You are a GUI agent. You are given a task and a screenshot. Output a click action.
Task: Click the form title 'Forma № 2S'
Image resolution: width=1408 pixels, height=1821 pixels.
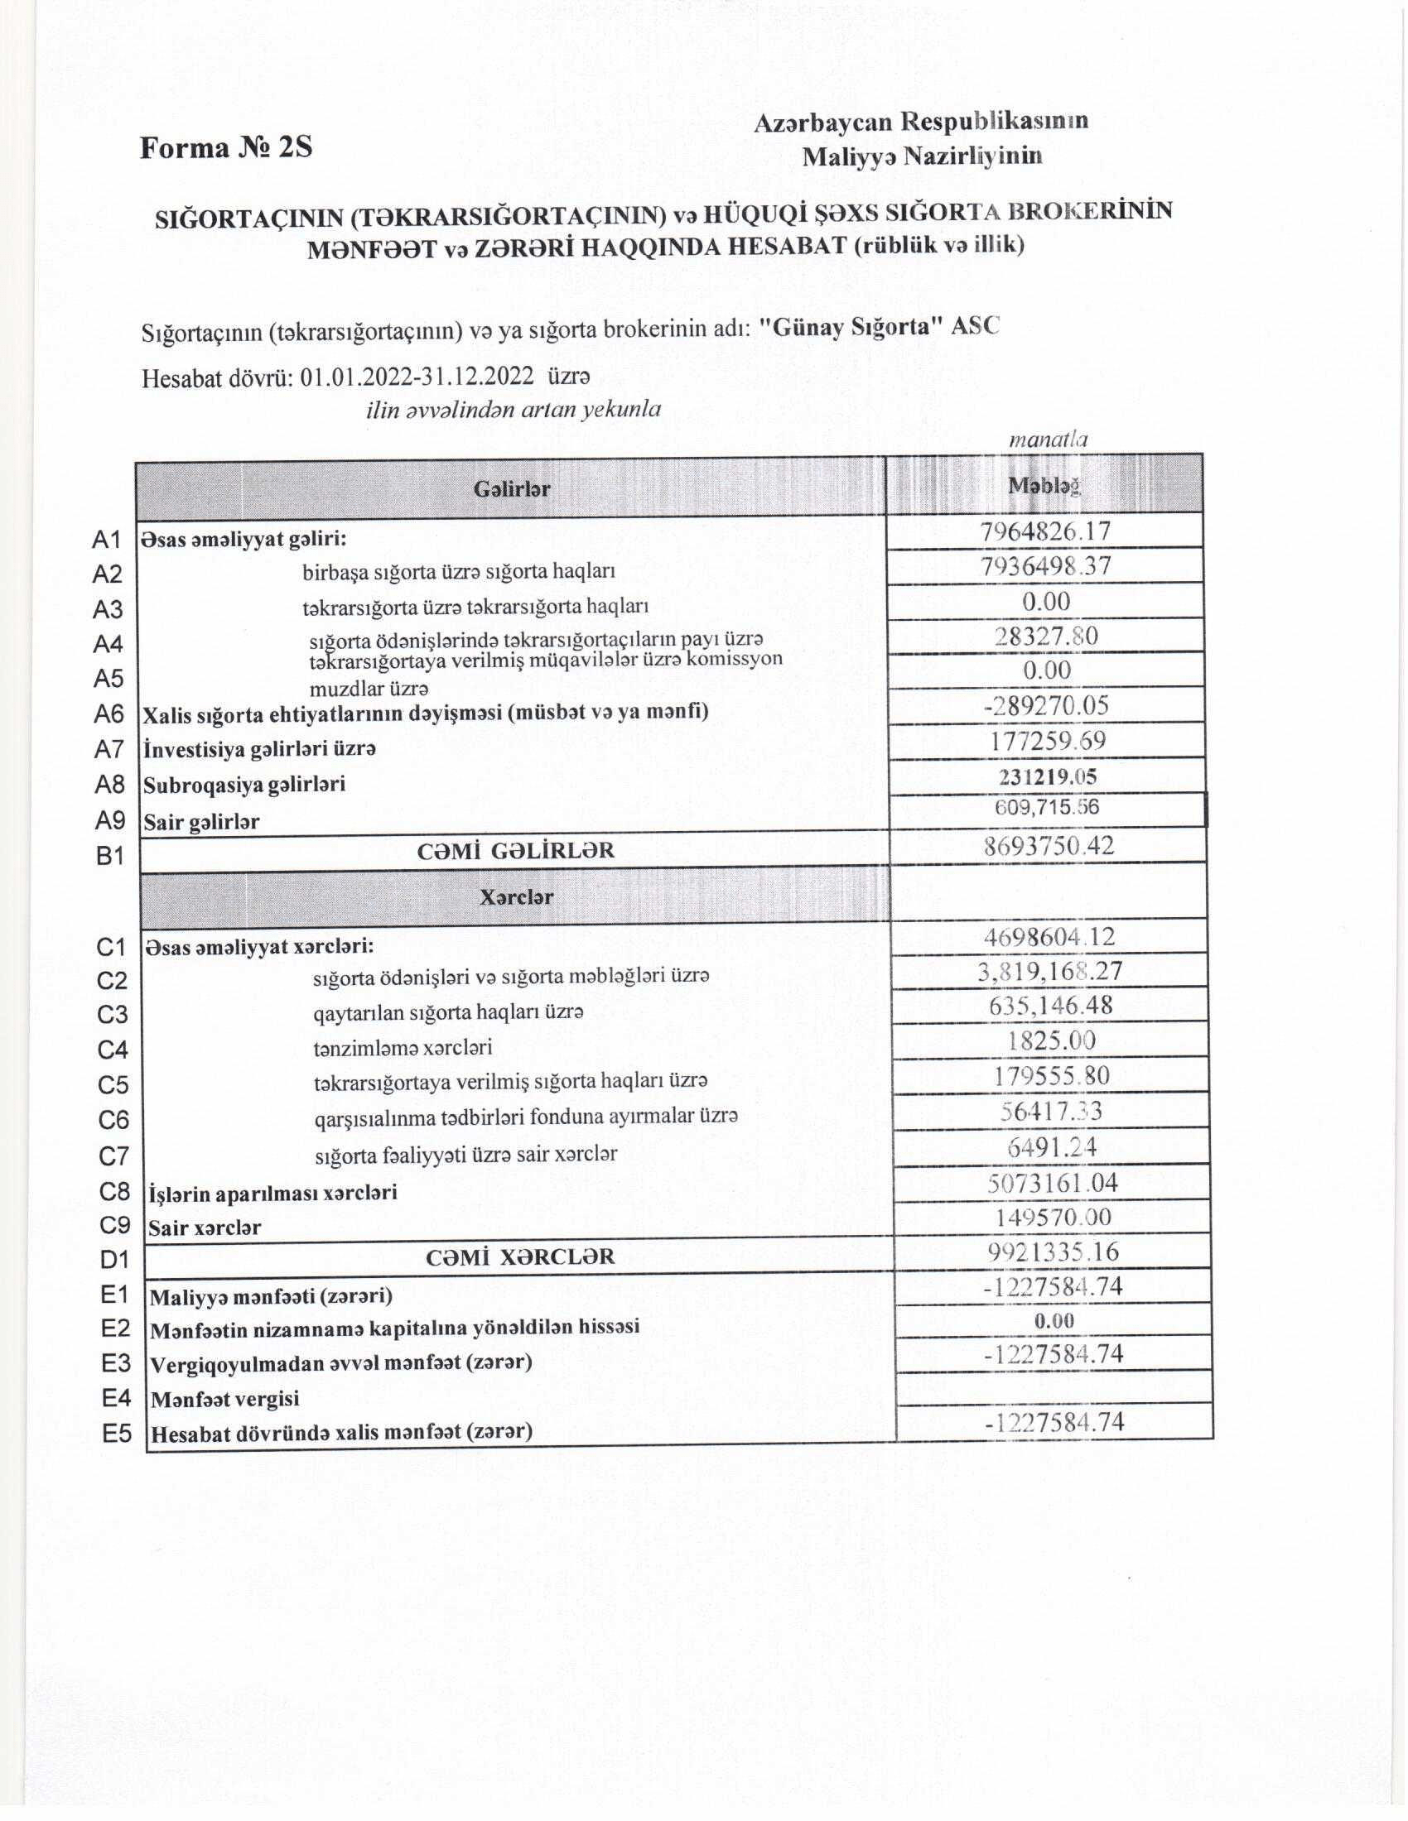tap(226, 147)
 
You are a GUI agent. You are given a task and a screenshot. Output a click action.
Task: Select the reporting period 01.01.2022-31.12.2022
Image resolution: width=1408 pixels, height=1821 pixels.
tap(417, 377)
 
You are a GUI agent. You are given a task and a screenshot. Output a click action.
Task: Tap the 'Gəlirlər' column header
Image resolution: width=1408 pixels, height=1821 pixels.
tap(511, 488)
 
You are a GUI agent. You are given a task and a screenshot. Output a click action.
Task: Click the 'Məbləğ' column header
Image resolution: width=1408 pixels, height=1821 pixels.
tap(1044, 486)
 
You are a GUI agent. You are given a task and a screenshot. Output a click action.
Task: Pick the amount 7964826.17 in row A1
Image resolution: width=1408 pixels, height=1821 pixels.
tap(1045, 531)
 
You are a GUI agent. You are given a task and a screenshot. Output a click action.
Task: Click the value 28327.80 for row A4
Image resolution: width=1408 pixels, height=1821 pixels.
tap(1046, 637)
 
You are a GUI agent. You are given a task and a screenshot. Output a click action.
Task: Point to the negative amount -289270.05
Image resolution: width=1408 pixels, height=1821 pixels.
tap(1046, 706)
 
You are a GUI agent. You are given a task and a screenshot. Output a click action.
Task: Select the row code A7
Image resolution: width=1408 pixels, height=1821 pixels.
tap(108, 750)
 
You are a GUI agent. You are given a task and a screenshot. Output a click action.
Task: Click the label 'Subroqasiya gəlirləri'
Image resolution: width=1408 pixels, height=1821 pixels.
tap(244, 785)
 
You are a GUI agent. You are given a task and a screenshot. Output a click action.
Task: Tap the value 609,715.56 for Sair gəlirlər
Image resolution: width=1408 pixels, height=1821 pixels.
tap(1047, 807)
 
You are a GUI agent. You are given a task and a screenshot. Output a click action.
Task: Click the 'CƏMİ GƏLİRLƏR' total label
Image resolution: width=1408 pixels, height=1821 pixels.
tap(515, 850)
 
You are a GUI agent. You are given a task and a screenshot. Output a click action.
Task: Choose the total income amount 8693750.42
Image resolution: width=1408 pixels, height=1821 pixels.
tap(1049, 846)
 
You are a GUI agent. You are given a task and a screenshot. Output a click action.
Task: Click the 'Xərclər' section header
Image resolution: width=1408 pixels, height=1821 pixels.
tap(516, 898)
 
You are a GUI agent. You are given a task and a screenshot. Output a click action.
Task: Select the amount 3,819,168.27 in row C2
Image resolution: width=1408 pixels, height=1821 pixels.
tap(1050, 972)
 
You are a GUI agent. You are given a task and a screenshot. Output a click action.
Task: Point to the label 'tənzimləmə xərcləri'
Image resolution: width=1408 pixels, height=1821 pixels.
tap(403, 1047)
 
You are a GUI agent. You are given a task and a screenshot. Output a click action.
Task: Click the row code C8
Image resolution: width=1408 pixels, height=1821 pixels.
tap(113, 1191)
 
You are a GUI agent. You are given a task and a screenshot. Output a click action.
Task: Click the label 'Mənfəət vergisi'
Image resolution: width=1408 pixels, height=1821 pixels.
tap(224, 1399)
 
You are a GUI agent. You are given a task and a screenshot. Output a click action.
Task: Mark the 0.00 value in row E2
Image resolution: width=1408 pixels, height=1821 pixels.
tap(1054, 1321)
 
